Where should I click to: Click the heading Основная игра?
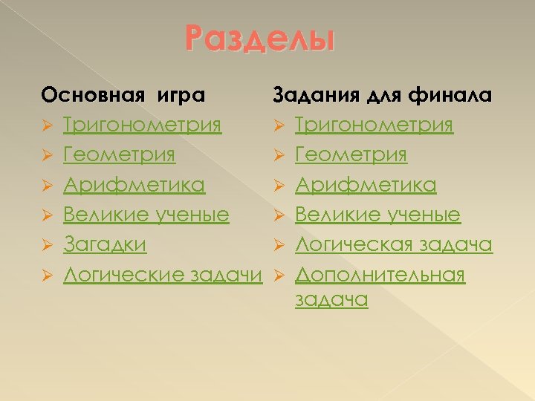123,95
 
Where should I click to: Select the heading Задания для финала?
382,95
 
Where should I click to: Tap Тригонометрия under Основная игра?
142,125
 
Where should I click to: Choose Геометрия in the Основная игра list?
119,155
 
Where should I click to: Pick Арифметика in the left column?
134,185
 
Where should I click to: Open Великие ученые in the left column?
146,215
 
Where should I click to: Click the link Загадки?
105,244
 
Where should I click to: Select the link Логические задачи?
163,275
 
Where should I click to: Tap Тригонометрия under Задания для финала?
374,125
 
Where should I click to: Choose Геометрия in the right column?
351,155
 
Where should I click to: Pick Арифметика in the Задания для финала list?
366,185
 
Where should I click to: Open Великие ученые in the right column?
377,215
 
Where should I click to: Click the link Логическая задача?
393,244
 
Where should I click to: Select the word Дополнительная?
380,275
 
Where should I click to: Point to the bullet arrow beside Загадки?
46,245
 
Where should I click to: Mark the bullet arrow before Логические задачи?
46,276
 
